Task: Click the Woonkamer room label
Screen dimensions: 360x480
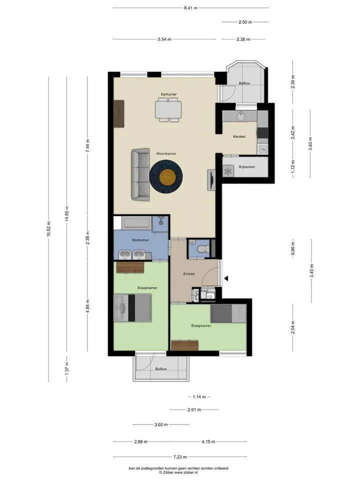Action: point(166,153)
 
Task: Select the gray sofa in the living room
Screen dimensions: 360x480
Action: point(140,175)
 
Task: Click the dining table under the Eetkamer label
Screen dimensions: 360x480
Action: point(168,109)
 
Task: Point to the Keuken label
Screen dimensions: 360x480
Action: point(239,136)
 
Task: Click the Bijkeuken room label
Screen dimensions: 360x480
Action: point(246,167)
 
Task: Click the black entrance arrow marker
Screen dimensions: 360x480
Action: point(226,278)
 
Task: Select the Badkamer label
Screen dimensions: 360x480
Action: point(140,240)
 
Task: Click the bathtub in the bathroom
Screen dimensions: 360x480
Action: point(136,223)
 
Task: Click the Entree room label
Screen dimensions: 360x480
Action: point(189,273)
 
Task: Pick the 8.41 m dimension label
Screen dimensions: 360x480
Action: point(190,8)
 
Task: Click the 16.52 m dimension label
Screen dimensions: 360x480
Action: point(48,229)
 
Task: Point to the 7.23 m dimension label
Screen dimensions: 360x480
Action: point(180,456)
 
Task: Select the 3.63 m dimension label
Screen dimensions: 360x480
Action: point(310,143)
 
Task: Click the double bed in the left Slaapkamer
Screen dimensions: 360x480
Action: point(132,308)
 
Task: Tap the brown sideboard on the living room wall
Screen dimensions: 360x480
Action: point(119,113)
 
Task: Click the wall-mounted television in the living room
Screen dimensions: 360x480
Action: point(211,180)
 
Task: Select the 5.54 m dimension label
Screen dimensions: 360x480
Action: point(164,39)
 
